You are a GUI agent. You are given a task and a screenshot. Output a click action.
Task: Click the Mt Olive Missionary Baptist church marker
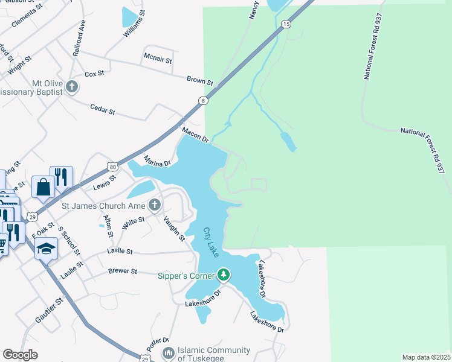[x=72, y=87]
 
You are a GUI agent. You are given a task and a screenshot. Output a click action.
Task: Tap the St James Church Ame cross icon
[x=154, y=205]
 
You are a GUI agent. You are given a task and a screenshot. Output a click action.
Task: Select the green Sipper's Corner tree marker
[x=224, y=276]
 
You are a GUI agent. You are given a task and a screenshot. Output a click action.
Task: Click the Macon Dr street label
[x=195, y=135]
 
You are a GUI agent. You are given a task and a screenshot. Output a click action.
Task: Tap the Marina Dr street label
[x=157, y=161]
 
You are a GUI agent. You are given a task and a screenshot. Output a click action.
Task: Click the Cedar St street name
[x=102, y=112]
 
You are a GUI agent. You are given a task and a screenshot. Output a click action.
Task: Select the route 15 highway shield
[x=286, y=24]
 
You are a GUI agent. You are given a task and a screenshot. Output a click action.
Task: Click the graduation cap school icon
[x=46, y=247]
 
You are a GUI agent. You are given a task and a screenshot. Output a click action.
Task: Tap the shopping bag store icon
[x=44, y=188]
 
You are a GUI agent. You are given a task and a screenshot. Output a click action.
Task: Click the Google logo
[x=20, y=355]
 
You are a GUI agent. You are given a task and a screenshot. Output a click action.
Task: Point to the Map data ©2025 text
[x=426, y=357]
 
